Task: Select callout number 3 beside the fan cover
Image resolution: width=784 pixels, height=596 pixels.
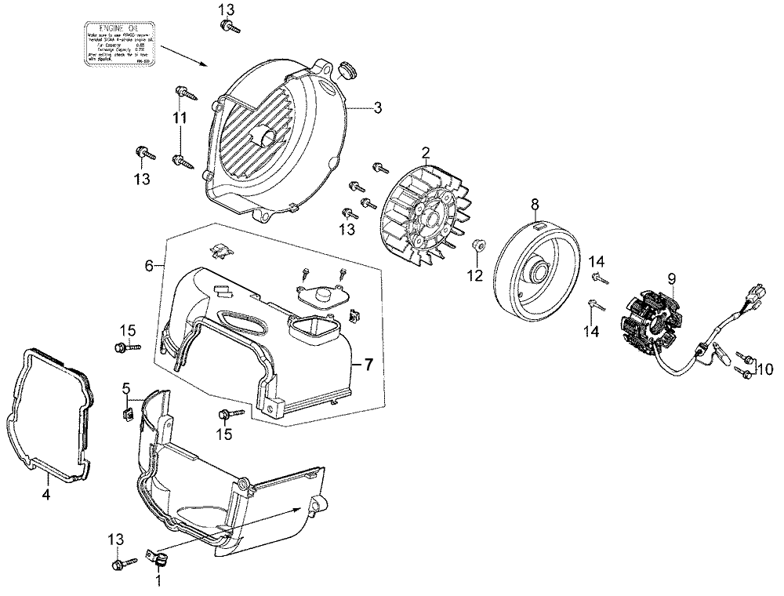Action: (377, 108)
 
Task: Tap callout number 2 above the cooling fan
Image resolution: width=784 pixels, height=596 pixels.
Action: (426, 152)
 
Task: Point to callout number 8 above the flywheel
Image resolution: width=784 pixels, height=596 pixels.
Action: (535, 205)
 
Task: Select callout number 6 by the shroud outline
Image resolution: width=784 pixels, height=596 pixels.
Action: (149, 267)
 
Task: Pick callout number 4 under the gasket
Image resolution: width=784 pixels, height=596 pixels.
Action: (45, 495)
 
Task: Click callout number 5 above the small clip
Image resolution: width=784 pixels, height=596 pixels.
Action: (125, 389)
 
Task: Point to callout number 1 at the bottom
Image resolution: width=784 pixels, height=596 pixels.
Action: (159, 581)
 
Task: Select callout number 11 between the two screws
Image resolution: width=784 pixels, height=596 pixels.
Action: (180, 118)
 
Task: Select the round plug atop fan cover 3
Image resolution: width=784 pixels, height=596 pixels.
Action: (347, 71)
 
